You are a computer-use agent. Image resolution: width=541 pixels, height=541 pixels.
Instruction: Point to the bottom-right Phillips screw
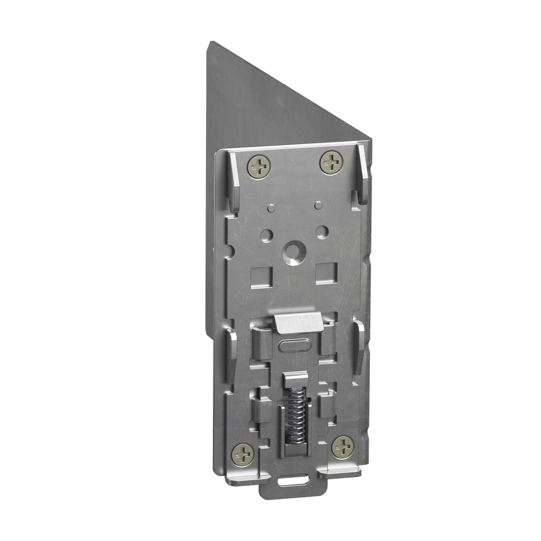[342, 446]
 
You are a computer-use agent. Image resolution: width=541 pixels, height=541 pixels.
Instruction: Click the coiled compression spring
[294, 414]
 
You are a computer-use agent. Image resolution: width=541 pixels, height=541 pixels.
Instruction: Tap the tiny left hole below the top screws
[270, 207]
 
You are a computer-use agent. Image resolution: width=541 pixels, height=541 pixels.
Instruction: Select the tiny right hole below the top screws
[317, 203]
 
